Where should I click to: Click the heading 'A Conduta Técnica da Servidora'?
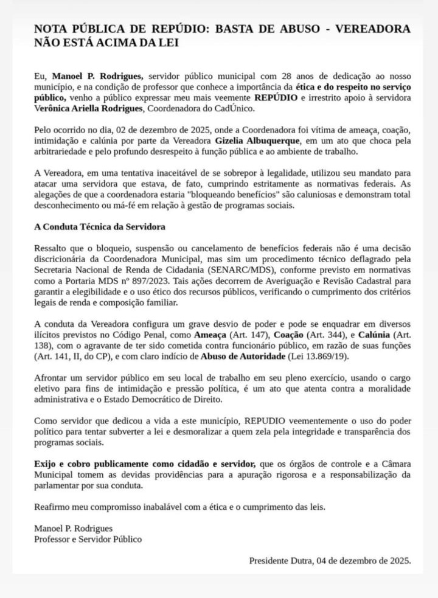[100, 226]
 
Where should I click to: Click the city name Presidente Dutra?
[280, 560]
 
